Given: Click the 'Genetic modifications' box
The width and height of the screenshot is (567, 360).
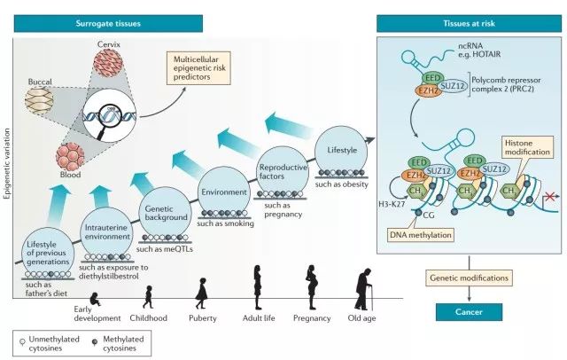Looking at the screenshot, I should coord(468,278).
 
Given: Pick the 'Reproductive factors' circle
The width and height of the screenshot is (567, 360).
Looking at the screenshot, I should coord(282,166).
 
